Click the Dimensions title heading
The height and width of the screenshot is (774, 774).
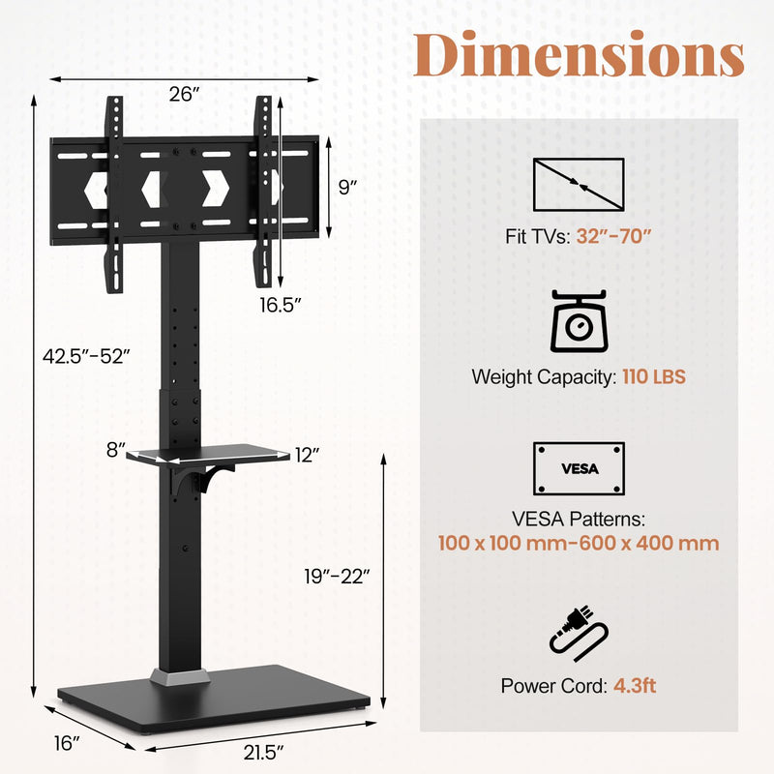coord(579,55)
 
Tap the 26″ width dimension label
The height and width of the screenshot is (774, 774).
coord(183,94)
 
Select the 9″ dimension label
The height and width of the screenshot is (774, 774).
coord(348,188)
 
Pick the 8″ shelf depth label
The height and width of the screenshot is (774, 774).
coord(116,450)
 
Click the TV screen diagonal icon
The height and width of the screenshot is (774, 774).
coord(579,184)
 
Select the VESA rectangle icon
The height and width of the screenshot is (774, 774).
coord(579,468)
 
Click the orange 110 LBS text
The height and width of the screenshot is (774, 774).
coord(652,377)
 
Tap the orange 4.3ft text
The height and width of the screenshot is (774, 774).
coord(635,686)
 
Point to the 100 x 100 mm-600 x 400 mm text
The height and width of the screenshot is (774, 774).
coord(579,543)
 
